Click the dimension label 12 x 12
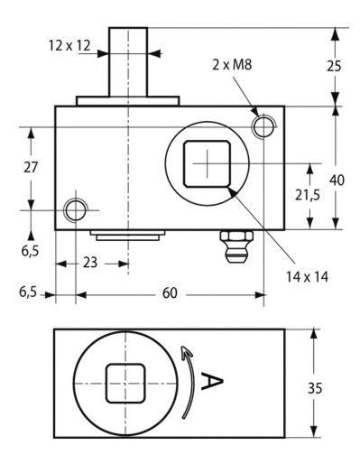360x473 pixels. pyautogui.click(x=69, y=46)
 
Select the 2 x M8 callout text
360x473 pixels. pyautogui.click(x=232, y=65)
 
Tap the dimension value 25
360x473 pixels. pyautogui.click(x=334, y=67)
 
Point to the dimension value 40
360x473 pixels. pyautogui.click(x=337, y=181)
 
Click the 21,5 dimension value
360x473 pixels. pyautogui.click(x=308, y=196)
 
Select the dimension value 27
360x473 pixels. pyautogui.click(x=31, y=167)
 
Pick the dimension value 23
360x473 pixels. pyautogui.click(x=90, y=263)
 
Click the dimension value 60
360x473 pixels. pyautogui.click(x=170, y=292)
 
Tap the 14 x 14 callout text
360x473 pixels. pyautogui.click(x=308, y=276)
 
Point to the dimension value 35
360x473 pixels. pyautogui.click(x=315, y=388)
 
